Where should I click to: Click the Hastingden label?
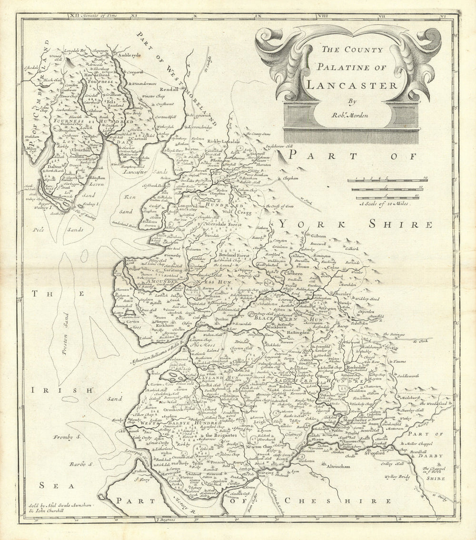click(298, 333)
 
